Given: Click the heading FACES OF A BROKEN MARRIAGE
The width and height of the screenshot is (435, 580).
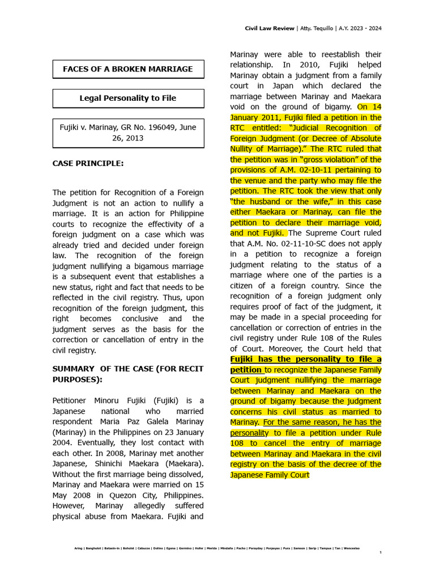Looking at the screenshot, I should (x=128, y=69).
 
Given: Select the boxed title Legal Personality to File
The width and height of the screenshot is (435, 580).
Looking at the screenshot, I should (x=128, y=98).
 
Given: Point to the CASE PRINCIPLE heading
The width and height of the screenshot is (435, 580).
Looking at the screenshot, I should (x=88, y=164).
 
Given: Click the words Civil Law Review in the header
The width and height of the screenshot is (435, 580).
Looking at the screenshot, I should (x=270, y=28).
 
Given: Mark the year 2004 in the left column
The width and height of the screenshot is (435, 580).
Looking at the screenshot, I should (x=63, y=442).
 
